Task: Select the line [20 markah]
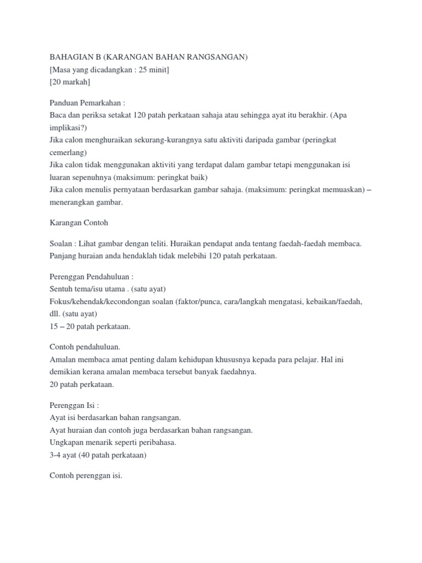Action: click(70, 81)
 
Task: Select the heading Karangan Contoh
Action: click(79, 223)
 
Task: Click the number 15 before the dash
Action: click(54, 326)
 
